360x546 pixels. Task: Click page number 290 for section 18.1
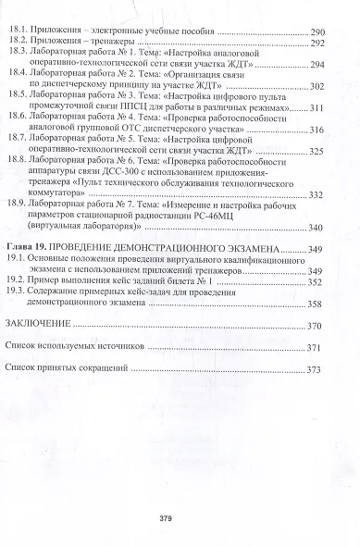click(326, 31)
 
